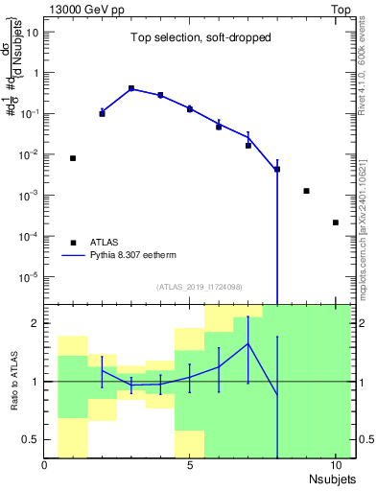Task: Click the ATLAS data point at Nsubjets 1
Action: coord(73,158)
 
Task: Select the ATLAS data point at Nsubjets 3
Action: coord(131,88)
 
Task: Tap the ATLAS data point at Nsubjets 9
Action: coord(306,191)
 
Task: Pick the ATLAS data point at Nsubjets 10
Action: coord(335,222)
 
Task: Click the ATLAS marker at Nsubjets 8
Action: coord(277,170)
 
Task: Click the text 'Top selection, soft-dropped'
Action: coord(188,37)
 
